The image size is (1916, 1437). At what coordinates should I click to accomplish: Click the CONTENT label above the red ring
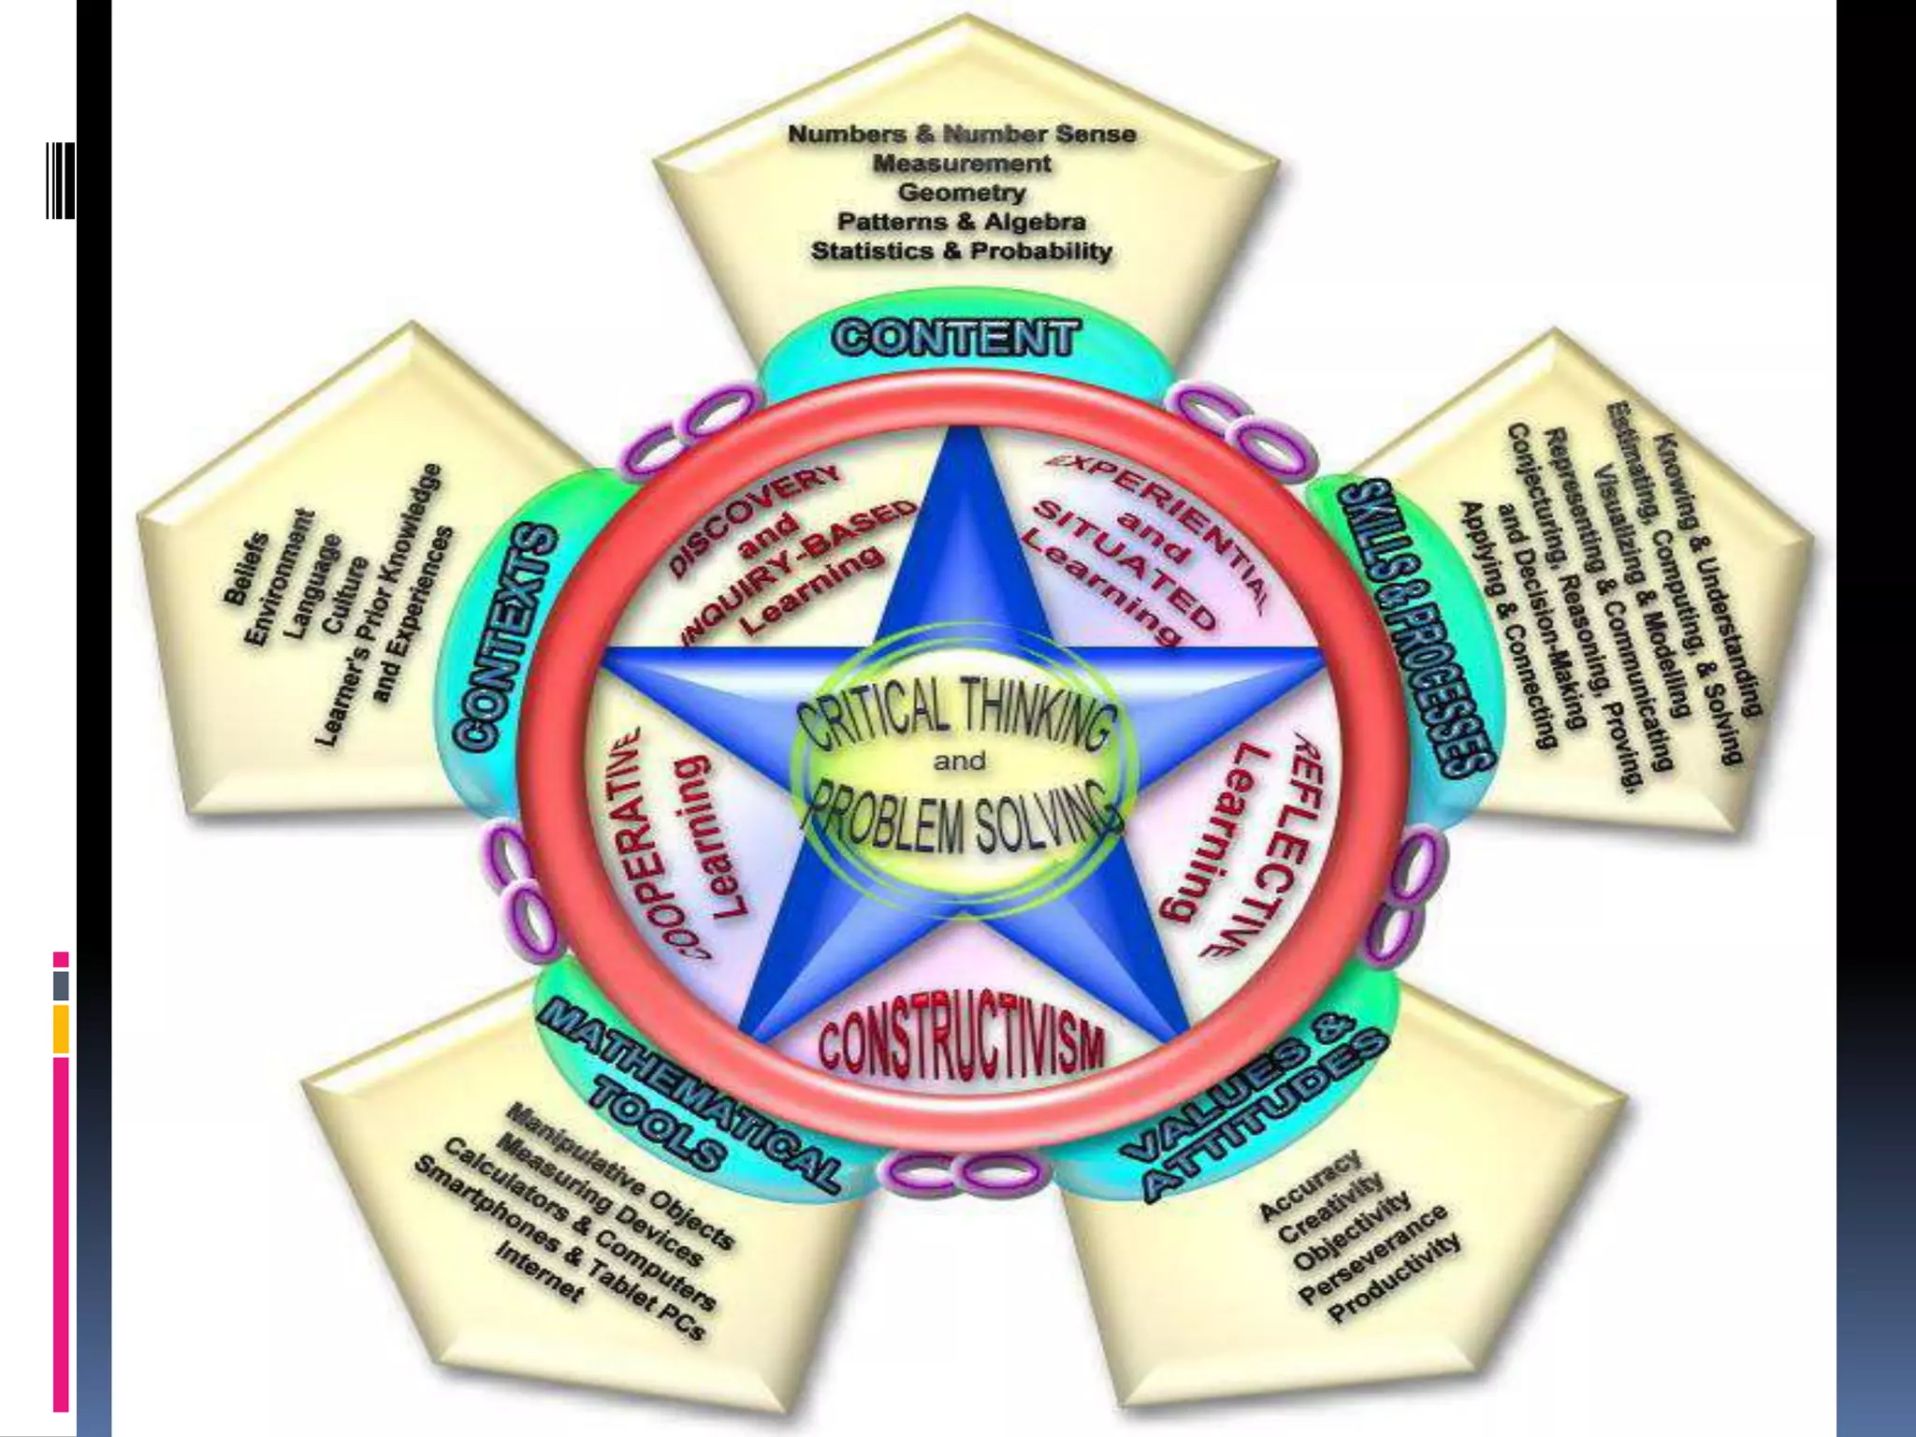pos(955,338)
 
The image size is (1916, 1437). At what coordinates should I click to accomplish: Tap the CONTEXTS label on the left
pos(506,636)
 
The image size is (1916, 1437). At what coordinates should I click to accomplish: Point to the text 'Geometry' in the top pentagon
pos(962,193)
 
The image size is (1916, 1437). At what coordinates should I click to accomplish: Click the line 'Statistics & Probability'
pos(962,251)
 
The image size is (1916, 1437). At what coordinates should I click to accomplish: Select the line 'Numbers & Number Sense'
pos(962,134)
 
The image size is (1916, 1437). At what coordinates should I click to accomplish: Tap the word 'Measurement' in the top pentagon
pos(962,164)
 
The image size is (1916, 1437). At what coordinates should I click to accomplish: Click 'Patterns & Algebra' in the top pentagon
pos(962,222)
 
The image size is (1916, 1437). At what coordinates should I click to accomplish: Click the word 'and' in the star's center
pos(959,761)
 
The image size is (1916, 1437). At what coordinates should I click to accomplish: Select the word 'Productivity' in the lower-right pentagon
pos(1394,1278)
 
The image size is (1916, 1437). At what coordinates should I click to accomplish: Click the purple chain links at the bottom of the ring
pos(964,1174)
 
